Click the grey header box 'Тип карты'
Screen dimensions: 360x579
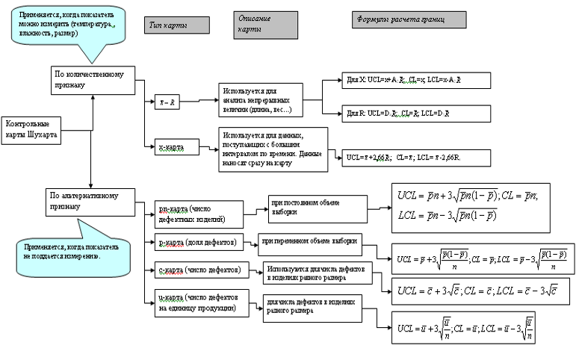[176, 25]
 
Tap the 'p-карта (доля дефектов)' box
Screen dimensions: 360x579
[196, 243]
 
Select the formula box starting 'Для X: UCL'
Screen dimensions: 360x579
[417, 79]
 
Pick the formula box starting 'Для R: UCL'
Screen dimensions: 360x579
[417, 113]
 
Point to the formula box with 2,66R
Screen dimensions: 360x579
[415, 158]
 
